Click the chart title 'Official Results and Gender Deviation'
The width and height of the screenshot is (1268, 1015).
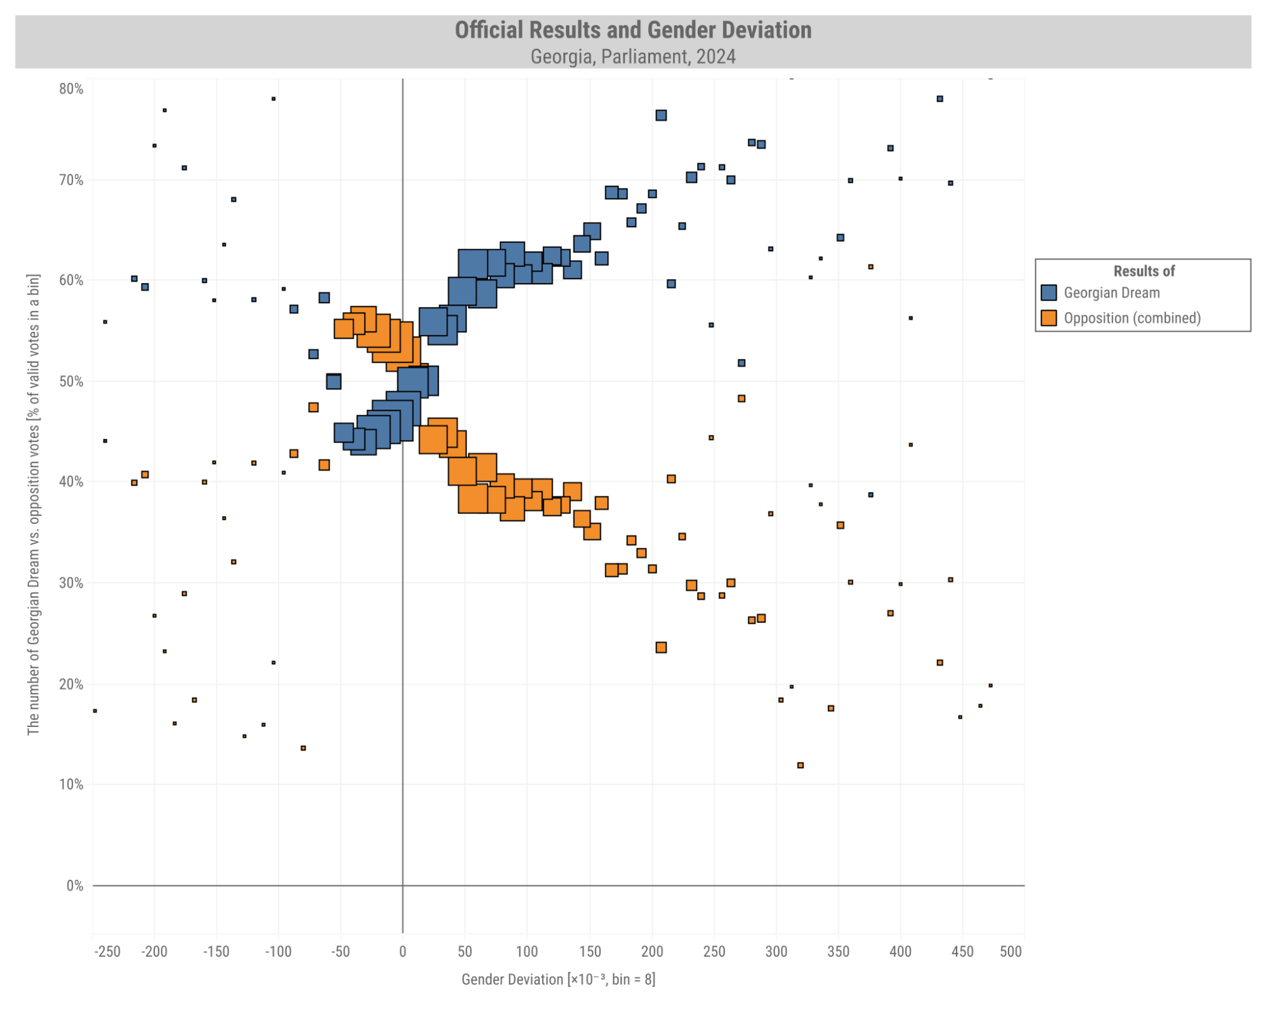coord(632,30)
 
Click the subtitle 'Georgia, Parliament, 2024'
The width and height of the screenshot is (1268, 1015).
coord(632,57)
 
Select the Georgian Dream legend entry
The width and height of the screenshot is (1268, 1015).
coord(1111,293)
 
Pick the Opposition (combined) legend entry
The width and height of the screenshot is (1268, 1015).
coord(1131,318)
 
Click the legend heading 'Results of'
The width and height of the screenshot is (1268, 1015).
coord(1143,272)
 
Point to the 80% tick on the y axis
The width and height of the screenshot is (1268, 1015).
coord(71,89)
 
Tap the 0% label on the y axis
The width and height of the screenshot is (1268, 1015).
coord(75,886)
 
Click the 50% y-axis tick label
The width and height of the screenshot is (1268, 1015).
coord(71,381)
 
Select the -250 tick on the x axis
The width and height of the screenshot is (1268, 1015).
coord(107,952)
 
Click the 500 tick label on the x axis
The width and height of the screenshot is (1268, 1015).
coord(1010,952)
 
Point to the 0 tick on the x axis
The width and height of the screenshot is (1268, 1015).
coord(402,952)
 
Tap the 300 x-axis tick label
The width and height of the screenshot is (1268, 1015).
coord(776,952)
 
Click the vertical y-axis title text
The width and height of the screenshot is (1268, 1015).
coord(34,504)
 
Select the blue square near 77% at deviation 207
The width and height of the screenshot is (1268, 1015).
coord(660,115)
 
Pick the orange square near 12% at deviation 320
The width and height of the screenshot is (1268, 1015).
coord(800,766)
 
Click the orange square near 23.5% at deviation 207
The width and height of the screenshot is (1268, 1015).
coord(660,648)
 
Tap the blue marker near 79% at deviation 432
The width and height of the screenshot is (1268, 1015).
coord(939,99)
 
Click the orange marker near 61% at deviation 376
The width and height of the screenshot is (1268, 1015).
coord(870,267)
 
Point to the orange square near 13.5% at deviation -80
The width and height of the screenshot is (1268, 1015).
coord(303,749)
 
